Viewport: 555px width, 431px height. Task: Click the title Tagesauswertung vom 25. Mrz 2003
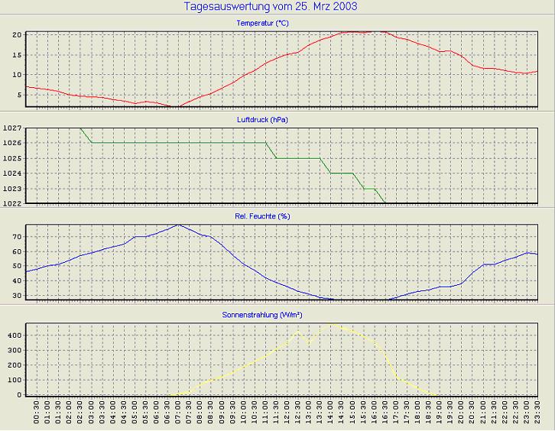tap(271, 7)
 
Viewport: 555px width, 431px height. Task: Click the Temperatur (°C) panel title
tap(262, 24)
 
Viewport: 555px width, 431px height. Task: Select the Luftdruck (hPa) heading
tap(262, 120)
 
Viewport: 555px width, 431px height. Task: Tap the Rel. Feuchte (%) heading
tap(262, 216)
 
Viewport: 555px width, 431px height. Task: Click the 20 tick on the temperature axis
tap(16, 35)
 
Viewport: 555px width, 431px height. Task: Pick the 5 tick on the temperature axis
tap(18, 95)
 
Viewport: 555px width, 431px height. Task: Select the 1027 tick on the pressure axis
tap(11, 128)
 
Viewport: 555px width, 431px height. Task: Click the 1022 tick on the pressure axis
tap(11, 203)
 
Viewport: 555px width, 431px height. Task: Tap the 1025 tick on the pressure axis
tap(11, 158)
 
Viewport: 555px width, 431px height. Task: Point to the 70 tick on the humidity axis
tap(16, 237)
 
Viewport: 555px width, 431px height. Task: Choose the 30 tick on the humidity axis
tap(16, 295)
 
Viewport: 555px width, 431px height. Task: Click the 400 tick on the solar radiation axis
tap(13, 335)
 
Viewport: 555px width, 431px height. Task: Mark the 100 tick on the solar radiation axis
tap(13, 380)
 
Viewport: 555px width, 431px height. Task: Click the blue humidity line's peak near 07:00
tap(178, 225)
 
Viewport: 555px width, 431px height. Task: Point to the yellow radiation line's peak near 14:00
tap(331, 324)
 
